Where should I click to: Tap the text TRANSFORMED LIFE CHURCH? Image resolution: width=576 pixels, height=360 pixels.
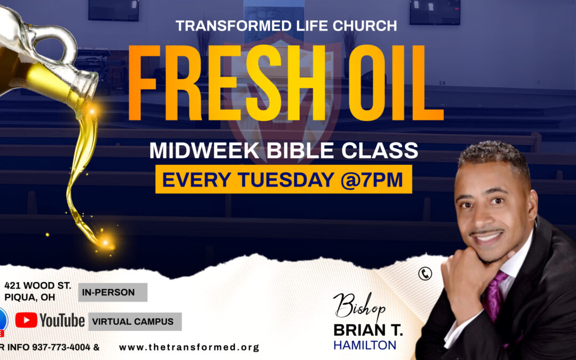pos(286,26)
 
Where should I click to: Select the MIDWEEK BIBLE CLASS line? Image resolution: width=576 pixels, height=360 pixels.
pos(284,150)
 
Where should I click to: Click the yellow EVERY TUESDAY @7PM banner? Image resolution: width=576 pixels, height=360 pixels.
pos(283,180)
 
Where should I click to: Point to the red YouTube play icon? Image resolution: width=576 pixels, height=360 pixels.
pos(26,319)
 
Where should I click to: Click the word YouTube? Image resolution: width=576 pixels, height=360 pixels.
pos(62,320)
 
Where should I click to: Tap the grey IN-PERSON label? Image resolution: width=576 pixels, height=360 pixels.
pos(113,292)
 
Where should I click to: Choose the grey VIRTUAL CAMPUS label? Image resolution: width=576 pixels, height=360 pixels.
pos(134,322)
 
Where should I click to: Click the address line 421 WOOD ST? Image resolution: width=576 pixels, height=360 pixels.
pos(37,286)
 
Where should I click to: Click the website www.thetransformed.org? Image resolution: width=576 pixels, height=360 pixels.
pos(189,347)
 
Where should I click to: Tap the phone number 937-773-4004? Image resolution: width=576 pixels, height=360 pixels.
pos(62,347)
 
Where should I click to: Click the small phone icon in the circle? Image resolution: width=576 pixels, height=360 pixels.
pos(425,274)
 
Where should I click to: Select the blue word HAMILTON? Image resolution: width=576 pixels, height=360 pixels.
pos(365,346)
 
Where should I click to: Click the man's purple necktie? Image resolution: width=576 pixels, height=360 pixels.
pos(493,296)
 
